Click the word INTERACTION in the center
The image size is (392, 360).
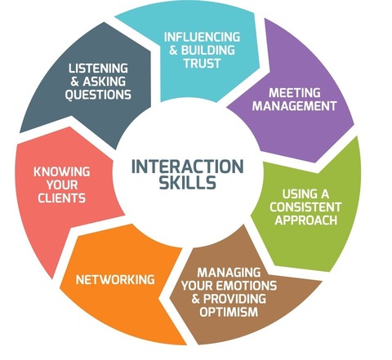pyautogui.click(x=188, y=167)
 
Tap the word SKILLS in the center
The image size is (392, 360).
pyautogui.click(x=188, y=182)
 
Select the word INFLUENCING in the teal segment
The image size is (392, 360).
pyautogui.click(x=202, y=37)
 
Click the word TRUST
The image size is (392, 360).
pyautogui.click(x=202, y=64)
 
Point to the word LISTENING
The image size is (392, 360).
pyautogui.click(x=98, y=69)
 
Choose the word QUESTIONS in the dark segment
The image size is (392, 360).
pyautogui.click(x=98, y=95)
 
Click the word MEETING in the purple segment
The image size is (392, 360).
pyautogui.click(x=295, y=93)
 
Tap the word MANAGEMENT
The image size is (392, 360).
pyautogui.click(x=295, y=106)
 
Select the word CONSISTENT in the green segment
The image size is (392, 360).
pyautogui.click(x=305, y=207)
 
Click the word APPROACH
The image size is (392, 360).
pyautogui.click(x=305, y=220)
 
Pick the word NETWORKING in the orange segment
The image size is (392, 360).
pyautogui.click(x=115, y=280)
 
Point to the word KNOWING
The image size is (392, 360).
pyautogui.click(x=62, y=171)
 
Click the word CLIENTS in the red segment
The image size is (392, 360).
pyautogui.click(x=62, y=198)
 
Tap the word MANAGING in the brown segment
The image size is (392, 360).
pyautogui.click(x=229, y=273)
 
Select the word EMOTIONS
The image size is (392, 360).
pyautogui.click(x=245, y=286)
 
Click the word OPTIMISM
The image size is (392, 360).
pyautogui.click(x=229, y=312)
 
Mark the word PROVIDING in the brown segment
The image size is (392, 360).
pyautogui.click(x=234, y=299)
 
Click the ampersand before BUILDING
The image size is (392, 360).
pyautogui.click(x=173, y=51)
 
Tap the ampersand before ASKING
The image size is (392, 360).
pyautogui.click(x=74, y=82)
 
